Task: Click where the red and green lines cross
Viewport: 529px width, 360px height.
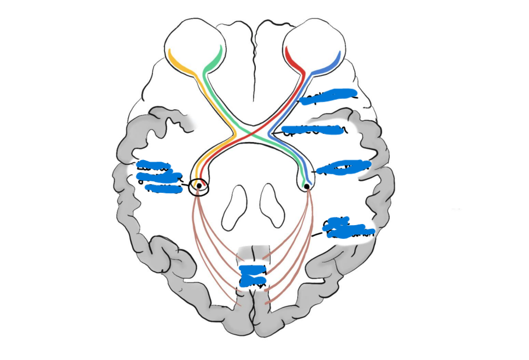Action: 252,133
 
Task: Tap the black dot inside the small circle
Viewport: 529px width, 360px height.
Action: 199,186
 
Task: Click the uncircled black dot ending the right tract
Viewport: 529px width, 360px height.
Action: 307,186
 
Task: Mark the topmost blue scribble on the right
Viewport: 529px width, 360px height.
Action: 328,96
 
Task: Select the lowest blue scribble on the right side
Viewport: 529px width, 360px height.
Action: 348,229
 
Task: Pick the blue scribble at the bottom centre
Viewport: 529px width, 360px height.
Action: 253,275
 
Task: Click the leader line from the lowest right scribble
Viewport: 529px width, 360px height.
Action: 317,235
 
